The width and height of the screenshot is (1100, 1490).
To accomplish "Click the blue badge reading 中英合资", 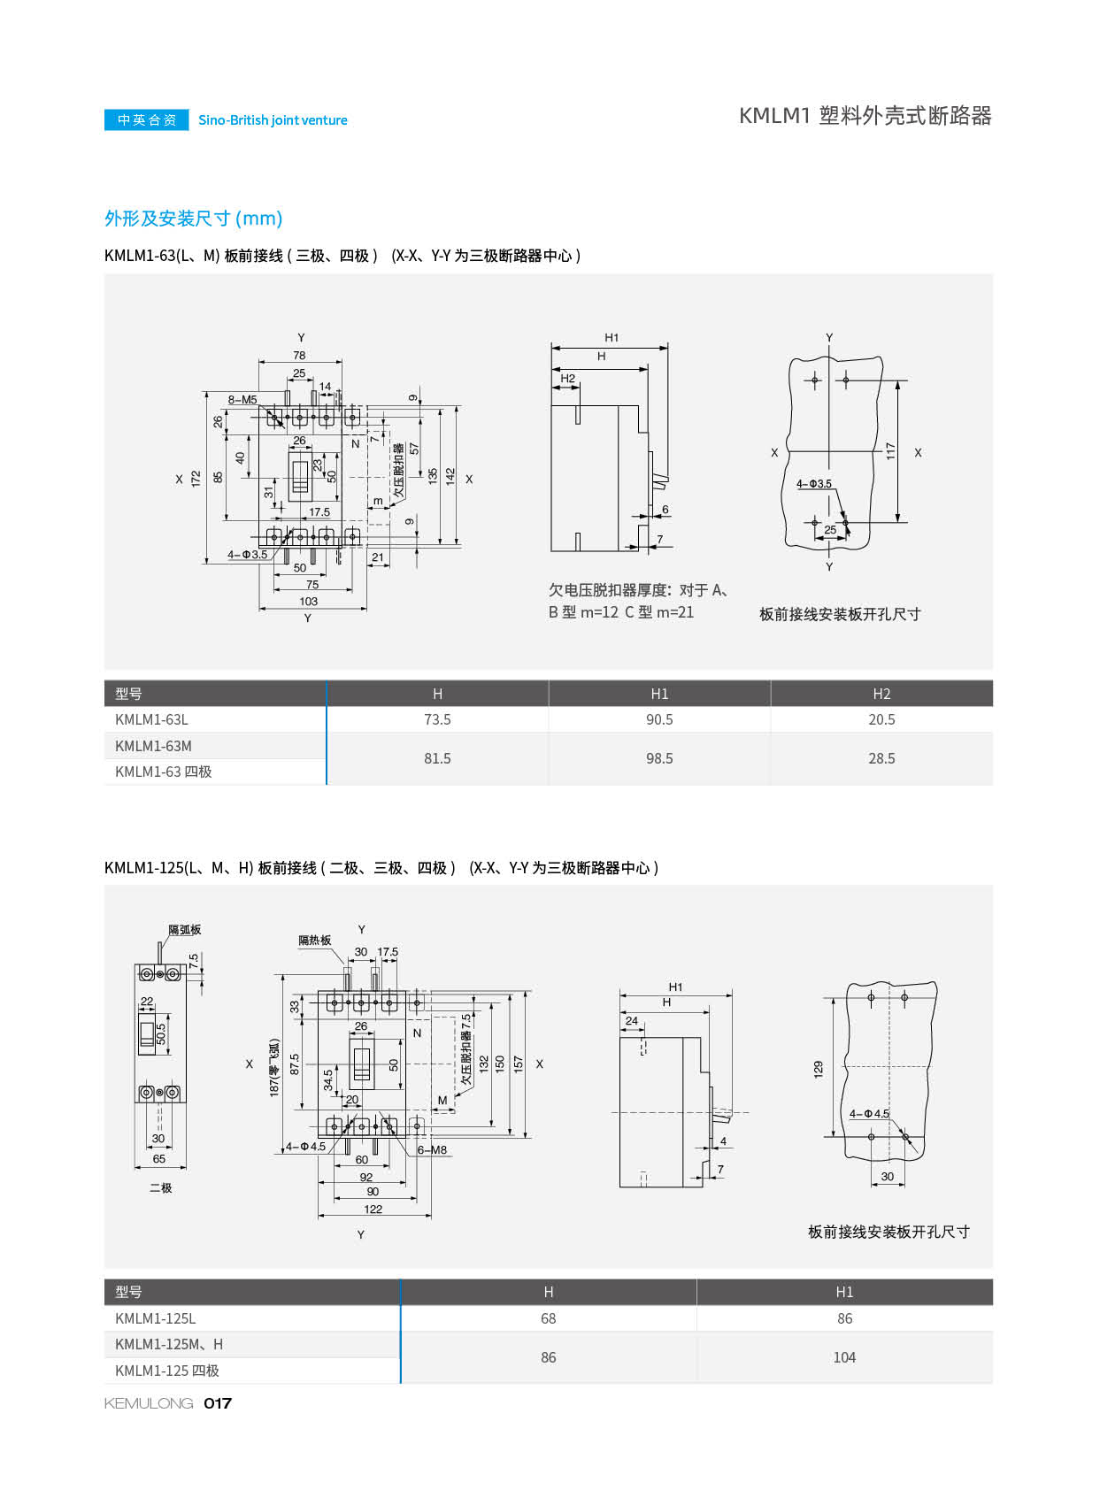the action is pyautogui.click(x=147, y=119).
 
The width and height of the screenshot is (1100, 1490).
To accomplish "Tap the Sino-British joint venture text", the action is pyautogui.click(x=273, y=120).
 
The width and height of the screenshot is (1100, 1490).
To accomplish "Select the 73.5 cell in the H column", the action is pyautogui.click(x=437, y=719).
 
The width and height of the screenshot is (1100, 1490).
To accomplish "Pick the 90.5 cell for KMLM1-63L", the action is pyautogui.click(x=659, y=719).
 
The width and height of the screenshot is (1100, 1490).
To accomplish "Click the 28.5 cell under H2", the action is pyautogui.click(x=881, y=758).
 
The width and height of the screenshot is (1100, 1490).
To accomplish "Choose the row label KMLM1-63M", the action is pyautogui.click(x=153, y=746).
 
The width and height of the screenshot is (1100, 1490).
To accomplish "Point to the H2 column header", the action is pyautogui.click(x=881, y=694).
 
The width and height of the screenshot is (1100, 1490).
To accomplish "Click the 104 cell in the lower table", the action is pyautogui.click(x=844, y=1357).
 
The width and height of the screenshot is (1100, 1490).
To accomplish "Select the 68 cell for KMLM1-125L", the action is pyautogui.click(x=549, y=1318).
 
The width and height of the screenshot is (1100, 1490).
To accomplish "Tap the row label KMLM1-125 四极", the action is pyautogui.click(x=167, y=1371).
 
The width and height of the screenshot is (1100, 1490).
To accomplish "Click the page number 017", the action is pyautogui.click(x=218, y=1403).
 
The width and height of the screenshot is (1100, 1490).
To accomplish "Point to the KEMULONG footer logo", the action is pyautogui.click(x=149, y=1403).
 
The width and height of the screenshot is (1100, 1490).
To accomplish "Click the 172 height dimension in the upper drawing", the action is pyautogui.click(x=196, y=479).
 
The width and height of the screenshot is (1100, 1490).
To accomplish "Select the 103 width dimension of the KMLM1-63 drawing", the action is pyautogui.click(x=309, y=602).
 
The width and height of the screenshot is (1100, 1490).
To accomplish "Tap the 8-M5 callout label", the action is pyautogui.click(x=242, y=400).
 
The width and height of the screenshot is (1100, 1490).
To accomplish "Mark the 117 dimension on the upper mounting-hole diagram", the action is pyautogui.click(x=891, y=450).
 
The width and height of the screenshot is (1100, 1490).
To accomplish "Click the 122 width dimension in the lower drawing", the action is pyautogui.click(x=373, y=1210).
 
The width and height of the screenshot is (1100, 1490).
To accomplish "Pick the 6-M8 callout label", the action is pyautogui.click(x=432, y=1150).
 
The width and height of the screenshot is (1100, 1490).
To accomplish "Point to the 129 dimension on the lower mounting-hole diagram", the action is pyautogui.click(x=818, y=1069).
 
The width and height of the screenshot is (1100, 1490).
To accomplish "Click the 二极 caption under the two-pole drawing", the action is pyautogui.click(x=160, y=1187).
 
